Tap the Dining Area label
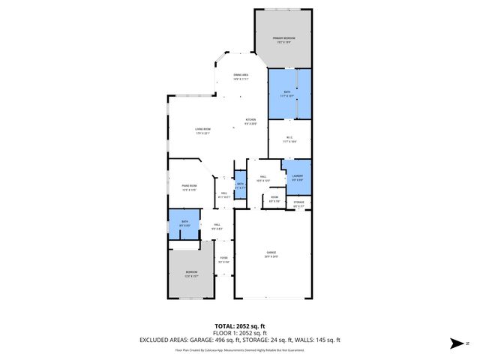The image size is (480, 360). [x=241, y=77]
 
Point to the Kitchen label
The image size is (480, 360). [x=250, y=121]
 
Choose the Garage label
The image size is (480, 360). [x=270, y=253]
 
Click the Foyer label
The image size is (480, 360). [x=223, y=260]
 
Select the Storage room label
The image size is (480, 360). [x=298, y=203]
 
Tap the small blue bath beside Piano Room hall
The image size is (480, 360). [x=240, y=184]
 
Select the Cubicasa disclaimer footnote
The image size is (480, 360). [x=239, y=349]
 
